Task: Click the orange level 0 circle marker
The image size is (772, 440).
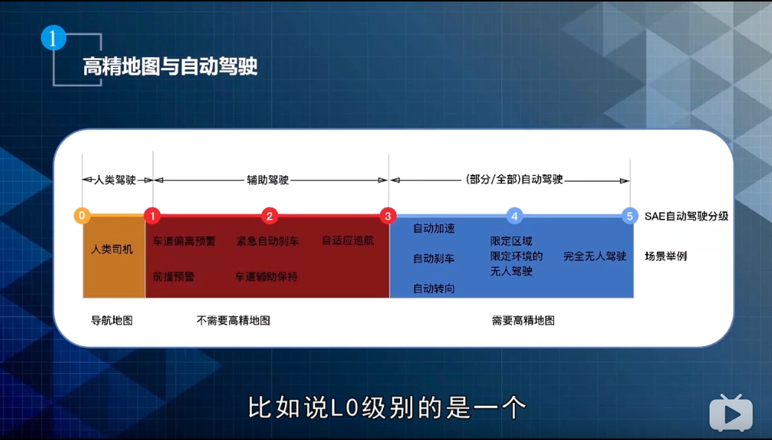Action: point(82,216)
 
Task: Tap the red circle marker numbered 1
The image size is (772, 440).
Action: point(152,216)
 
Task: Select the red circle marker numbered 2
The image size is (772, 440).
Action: point(270,216)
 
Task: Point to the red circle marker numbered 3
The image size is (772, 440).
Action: point(387,216)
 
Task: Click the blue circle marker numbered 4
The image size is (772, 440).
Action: point(514,216)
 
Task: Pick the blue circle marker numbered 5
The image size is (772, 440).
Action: point(630,216)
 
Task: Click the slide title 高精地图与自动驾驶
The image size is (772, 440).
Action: point(170,67)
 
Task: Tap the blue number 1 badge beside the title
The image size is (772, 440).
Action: point(54,38)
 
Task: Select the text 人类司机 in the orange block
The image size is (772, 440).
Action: point(112,249)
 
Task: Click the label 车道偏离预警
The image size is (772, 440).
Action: point(184,241)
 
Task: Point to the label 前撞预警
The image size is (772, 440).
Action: point(173,276)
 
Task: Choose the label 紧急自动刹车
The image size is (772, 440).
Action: point(268,241)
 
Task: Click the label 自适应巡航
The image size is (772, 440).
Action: point(347,241)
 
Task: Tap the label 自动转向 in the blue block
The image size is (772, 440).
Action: point(434,288)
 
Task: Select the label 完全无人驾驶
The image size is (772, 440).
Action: point(594,256)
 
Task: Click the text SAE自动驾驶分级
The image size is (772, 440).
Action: point(686,217)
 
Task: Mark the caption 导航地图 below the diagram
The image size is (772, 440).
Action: point(112,320)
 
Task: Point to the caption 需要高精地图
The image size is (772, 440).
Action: point(523,320)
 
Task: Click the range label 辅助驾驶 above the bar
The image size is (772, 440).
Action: point(268,180)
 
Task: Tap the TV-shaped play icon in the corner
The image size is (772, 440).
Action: point(730,412)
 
